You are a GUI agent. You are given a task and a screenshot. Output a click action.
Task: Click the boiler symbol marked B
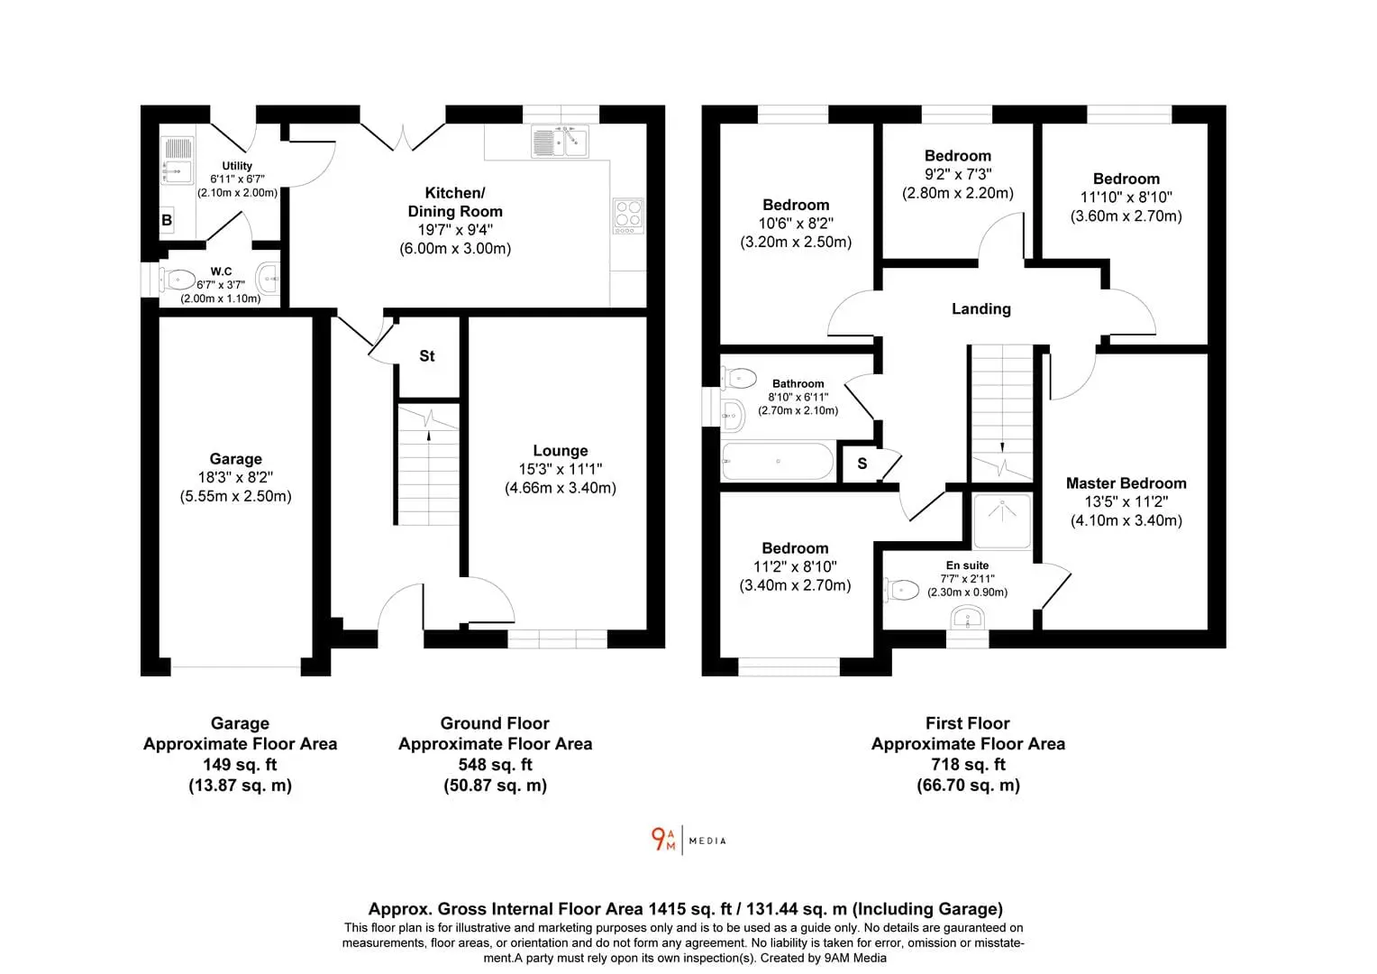click(x=167, y=220)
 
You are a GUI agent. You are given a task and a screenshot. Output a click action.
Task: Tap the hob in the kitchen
click(x=628, y=216)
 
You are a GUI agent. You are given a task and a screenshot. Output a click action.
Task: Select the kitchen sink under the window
click(x=560, y=142)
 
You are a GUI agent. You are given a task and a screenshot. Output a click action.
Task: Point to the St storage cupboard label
click(x=426, y=355)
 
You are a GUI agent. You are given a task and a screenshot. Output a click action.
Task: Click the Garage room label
click(x=235, y=458)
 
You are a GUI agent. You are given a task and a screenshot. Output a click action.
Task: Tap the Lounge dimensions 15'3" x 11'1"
click(x=560, y=469)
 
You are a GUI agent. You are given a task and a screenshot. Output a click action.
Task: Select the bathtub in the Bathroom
click(x=778, y=462)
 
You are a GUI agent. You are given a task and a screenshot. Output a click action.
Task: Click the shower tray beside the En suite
click(x=1002, y=520)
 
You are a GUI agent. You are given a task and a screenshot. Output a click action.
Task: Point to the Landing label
click(x=981, y=308)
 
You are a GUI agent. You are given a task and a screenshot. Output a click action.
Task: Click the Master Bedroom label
click(x=1126, y=483)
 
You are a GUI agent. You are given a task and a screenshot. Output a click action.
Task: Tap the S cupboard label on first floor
click(x=862, y=464)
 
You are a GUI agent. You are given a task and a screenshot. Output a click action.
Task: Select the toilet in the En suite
click(x=901, y=590)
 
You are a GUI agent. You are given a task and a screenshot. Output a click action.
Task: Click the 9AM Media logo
click(x=688, y=840)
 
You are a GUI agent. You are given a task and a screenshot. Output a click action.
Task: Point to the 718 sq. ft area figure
click(x=968, y=764)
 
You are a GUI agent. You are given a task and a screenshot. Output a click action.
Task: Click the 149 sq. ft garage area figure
click(x=240, y=764)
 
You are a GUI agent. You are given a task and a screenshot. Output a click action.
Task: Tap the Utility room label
click(x=237, y=166)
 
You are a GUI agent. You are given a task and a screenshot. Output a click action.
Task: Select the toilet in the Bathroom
click(x=738, y=378)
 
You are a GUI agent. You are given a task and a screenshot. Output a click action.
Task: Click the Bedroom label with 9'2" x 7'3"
click(x=958, y=156)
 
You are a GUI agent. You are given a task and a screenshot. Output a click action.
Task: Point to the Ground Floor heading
click(x=495, y=723)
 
